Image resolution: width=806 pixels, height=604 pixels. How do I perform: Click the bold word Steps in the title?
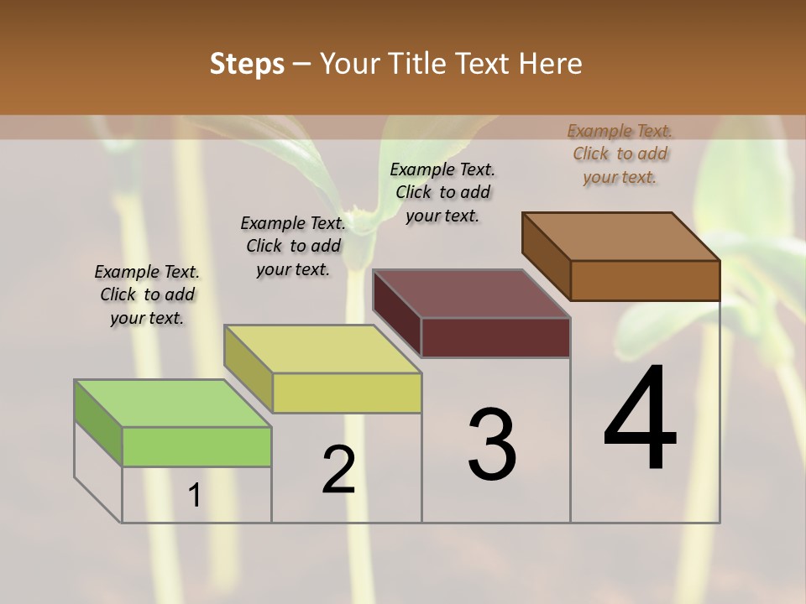coord(247,64)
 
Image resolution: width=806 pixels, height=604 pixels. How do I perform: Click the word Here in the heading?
coord(552,64)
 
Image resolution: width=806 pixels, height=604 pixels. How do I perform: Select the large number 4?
coord(640,419)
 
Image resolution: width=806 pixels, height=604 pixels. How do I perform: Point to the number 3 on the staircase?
coord(492,445)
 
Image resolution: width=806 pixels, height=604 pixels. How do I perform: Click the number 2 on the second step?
coord(338,470)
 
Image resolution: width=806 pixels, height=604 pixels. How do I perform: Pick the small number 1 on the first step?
coord(194,496)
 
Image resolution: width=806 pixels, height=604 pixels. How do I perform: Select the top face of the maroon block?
coord(471,294)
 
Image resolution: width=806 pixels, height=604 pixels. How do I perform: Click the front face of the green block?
coord(196,446)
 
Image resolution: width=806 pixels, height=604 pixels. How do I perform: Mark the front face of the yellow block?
coord(347,393)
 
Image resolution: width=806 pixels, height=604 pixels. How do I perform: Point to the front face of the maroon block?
coord(495,337)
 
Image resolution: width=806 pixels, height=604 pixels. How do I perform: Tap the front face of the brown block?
coord(645,280)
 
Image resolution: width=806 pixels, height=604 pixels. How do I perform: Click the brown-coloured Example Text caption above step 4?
coord(620,154)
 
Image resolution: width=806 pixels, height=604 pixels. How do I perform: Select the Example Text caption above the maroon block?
coord(442,192)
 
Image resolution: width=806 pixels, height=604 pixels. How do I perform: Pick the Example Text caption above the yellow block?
coord(293,246)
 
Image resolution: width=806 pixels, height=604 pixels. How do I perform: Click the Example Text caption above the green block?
coord(147,294)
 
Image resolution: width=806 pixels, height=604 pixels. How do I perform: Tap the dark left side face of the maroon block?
coord(396,313)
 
